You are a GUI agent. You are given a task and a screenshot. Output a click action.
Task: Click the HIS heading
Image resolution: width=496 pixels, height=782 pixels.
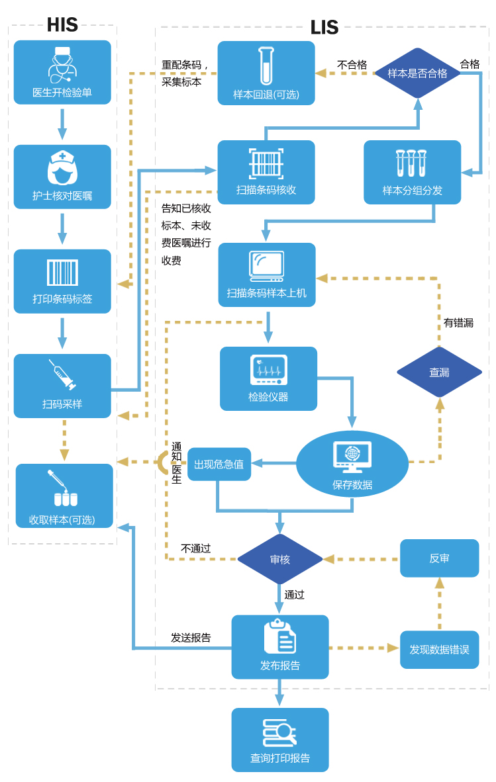(x=62, y=24)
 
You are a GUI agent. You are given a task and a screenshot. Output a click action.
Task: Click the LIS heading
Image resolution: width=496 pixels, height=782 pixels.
(x=324, y=27)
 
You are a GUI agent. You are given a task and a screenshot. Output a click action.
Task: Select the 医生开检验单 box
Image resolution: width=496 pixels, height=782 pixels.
(x=62, y=72)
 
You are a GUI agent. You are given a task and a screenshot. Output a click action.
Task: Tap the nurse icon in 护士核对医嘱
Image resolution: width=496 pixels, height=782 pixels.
(x=62, y=167)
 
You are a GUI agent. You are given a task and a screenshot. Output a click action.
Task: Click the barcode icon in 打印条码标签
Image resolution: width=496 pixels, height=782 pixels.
(x=62, y=273)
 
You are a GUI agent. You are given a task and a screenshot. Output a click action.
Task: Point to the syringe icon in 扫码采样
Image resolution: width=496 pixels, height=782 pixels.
(x=62, y=375)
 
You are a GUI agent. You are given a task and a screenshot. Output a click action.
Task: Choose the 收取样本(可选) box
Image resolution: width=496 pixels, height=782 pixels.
(x=64, y=496)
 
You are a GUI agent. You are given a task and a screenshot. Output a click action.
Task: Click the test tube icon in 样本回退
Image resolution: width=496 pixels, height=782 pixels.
(x=266, y=64)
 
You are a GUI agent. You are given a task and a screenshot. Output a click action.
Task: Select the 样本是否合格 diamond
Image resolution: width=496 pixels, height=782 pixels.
(x=417, y=73)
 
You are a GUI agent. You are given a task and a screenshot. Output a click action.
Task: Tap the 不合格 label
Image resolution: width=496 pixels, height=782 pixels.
(x=352, y=64)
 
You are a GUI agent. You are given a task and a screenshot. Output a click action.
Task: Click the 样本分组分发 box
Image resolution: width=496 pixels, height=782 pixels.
(x=412, y=172)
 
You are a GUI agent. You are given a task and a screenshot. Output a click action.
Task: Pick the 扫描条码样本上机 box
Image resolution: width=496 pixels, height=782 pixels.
(x=267, y=275)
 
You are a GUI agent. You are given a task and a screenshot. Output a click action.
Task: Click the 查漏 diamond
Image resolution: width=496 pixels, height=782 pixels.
(x=439, y=372)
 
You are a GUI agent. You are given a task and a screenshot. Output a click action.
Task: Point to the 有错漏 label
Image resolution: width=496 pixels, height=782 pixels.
(x=458, y=323)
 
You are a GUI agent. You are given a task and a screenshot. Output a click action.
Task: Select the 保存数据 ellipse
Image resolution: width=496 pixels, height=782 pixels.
(x=352, y=464)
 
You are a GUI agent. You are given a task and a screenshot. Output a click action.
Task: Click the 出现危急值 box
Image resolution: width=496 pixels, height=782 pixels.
(x=219, y=464)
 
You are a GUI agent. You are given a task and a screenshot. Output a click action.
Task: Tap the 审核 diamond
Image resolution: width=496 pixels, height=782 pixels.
(x=279, y=559)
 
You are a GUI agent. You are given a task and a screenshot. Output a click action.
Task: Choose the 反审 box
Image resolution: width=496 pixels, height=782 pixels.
(x=439, y=558)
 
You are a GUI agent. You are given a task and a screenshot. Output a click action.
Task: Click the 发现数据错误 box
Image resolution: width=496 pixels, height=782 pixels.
(x=439, y=649)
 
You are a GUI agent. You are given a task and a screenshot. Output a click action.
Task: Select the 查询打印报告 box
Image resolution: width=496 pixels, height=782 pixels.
(x=279, y=740)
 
